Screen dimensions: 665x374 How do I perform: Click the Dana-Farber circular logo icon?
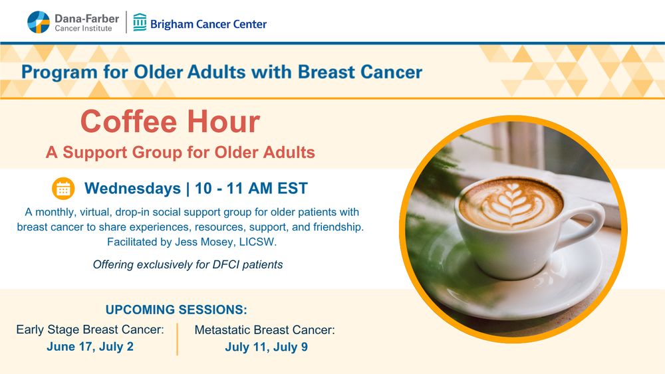[39, 22]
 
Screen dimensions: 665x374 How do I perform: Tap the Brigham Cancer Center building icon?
[140, 22]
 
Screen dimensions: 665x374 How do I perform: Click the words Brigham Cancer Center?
[208, 24]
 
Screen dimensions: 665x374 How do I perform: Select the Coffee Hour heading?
[170, 122]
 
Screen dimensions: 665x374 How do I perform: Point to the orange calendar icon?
[63, 189]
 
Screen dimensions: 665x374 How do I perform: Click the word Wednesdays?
[132, 189]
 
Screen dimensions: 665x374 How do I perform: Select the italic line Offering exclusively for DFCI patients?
[188, 264]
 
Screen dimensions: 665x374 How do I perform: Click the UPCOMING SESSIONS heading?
[176, 310]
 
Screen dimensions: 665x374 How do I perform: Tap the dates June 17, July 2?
[90, 347]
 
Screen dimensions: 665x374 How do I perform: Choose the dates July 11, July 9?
[267, 347]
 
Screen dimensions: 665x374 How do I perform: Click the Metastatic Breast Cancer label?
[265, 330]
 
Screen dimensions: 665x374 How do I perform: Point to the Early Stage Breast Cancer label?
[90, 329]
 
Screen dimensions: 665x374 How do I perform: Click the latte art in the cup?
[511, 204]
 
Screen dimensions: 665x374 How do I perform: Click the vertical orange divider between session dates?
[178, 339]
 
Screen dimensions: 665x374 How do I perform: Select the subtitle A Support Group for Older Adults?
[180, 153]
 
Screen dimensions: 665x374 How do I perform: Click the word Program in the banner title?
[59, 72]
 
